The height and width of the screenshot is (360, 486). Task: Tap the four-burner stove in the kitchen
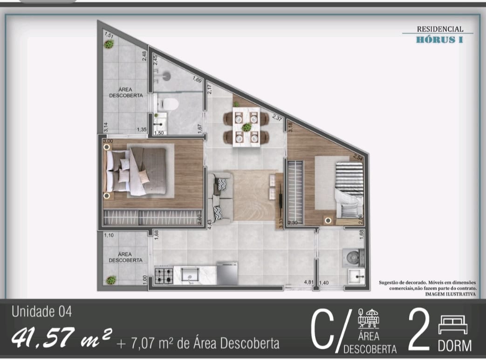pyautogui.click(x=164, y=275)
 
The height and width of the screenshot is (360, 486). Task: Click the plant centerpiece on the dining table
pyautogui.click(x=246, y=127)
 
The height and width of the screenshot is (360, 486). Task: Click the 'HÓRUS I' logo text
pyautogui.click(x=439, y=40)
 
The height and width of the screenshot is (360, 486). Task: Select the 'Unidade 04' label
pyautogui.click(x=42, y=312)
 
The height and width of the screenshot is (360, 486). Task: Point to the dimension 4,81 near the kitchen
pyautogui.click(x=308, y=283)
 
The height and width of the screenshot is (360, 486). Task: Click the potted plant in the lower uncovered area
pyautogui.click(x=111, y=280)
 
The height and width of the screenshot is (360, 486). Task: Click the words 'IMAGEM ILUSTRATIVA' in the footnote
pyautogui.click(x=450, y=294)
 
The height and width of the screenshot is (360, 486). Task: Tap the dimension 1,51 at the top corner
pyautogui.click(x=109, y=35)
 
